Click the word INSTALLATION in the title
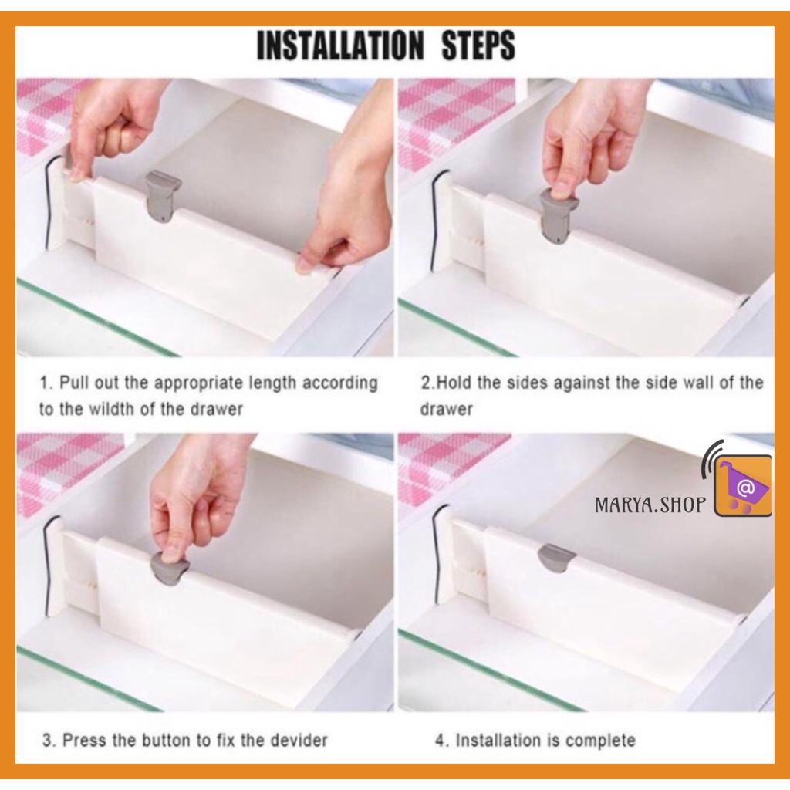340,46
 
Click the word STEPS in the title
478,46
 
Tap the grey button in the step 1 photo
162,198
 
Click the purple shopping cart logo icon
743,484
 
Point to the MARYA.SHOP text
650,505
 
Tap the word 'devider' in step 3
299,740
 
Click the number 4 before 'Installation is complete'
441,741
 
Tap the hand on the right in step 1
348,201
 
